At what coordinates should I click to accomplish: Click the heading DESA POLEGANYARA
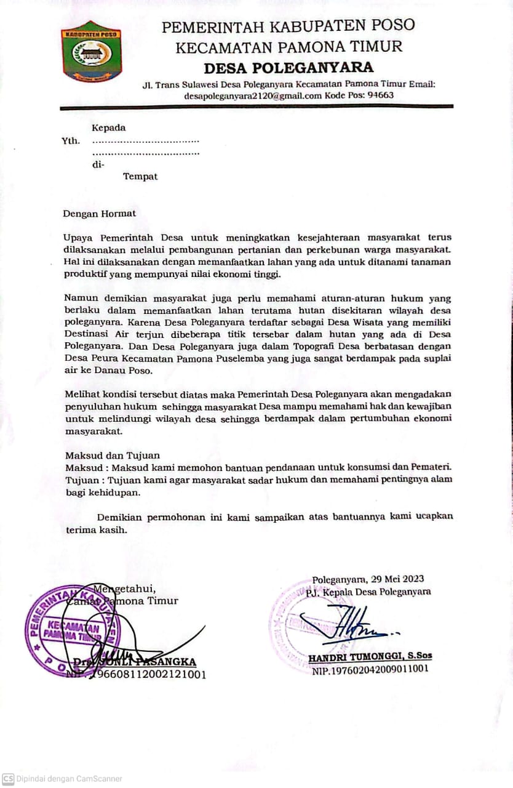click(288, 67)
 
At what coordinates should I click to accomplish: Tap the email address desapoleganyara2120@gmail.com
click(253, 95)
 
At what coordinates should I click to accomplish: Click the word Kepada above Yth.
click(109, 128)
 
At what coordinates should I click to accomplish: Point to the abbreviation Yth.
click(71, 141)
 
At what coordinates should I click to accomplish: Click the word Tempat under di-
click(140, 177)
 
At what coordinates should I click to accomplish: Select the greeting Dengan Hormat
click(100, 214)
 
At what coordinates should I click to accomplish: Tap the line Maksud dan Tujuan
click(113, 456)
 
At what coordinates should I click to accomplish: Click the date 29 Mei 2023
click(396, 579)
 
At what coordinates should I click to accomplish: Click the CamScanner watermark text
click(69, 779)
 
